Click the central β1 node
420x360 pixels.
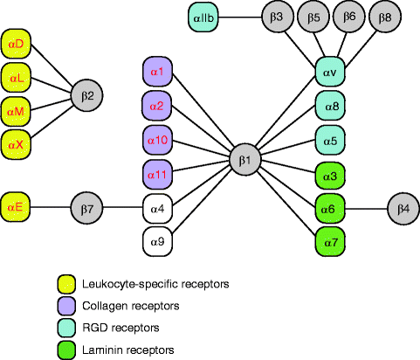pos(244,159)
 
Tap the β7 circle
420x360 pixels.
pos(88,208)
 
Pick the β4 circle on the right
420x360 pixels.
pos(403,209)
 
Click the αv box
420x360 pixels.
pos(331,71)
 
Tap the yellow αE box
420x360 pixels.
pos(17,208)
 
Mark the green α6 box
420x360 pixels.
pos(331,209)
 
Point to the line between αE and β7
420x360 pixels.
pos(52,208)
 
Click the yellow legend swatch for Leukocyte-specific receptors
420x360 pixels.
pos(65,284)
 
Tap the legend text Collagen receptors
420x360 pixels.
pos(131,306)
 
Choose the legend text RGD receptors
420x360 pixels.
pos(121,328)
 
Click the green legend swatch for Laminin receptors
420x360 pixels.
pos(65,350)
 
